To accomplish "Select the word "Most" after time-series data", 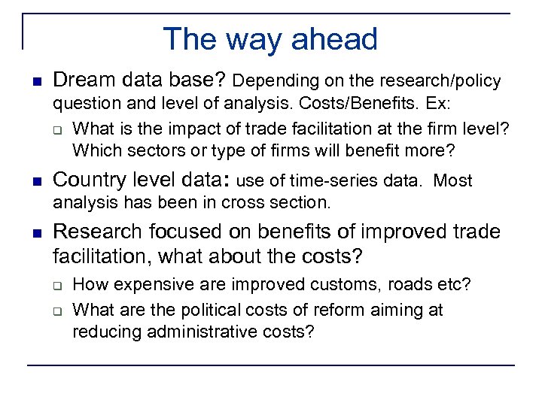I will (x=454, y=181).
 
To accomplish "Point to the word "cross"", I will (x=242, y=203).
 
